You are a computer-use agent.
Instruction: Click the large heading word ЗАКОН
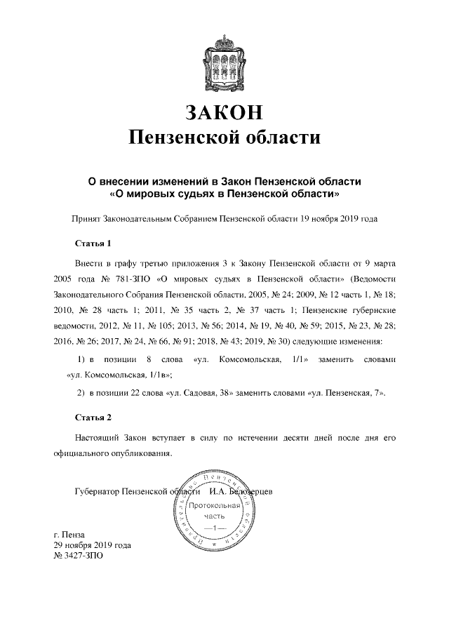click(x=224, y=112)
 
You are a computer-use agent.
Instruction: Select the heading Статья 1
click(x=93, y=244)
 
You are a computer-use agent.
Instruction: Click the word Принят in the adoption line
click(x=85, y=219)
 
